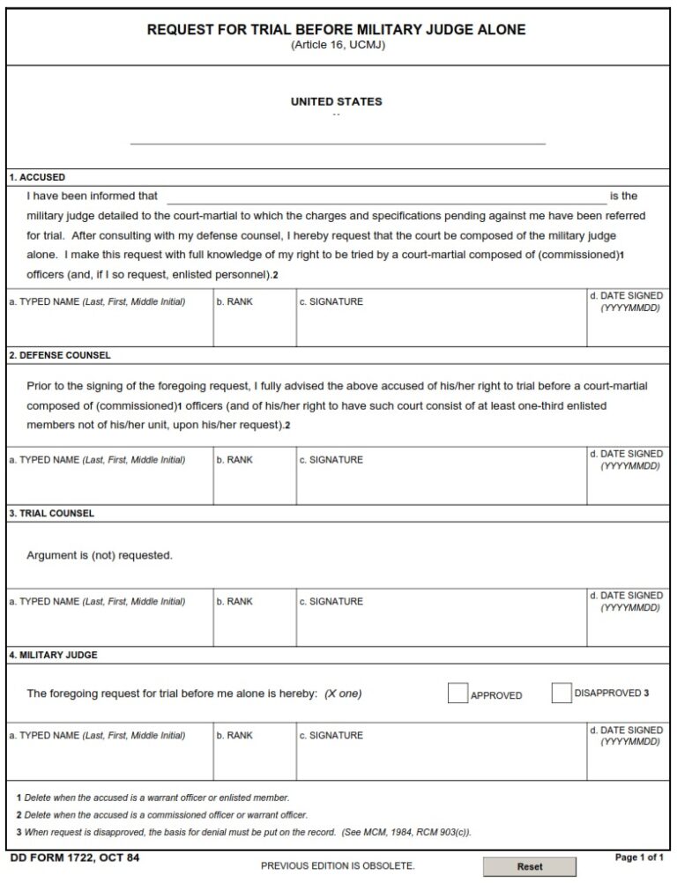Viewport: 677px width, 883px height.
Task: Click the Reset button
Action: [529, 866]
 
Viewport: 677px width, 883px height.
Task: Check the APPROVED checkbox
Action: [458, 694]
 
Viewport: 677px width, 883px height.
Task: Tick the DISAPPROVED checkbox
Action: [562, 694]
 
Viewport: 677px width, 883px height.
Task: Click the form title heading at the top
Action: [336, 29]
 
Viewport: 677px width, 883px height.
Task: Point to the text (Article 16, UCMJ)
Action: [338, 45]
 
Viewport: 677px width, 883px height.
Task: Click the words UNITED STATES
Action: [337, 101]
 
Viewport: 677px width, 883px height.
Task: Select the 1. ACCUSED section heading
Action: [37, 177]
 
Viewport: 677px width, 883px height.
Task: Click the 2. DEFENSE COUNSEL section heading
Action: [60, 355]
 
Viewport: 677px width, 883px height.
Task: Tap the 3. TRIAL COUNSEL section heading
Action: [51, 513]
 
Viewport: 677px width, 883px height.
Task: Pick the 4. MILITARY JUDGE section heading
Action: [53, 655]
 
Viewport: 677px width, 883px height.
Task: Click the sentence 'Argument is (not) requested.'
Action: [100, 555]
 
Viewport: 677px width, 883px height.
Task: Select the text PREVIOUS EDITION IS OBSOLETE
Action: [338, 866]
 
